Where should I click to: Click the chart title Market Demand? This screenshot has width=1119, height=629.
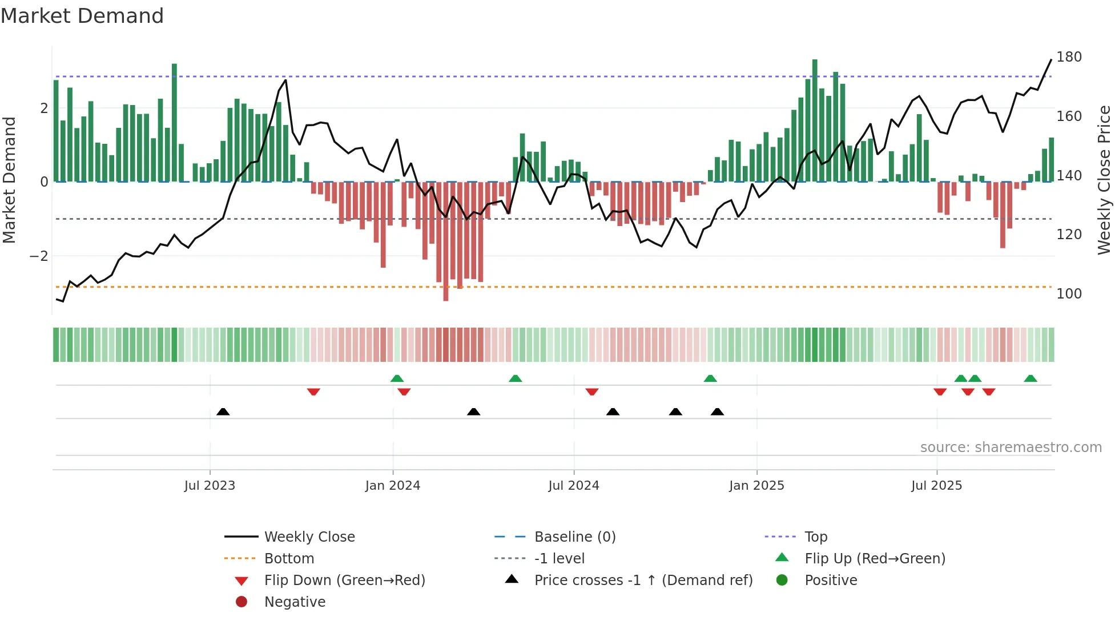pos(82,16)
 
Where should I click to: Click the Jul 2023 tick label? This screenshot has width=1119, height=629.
pos(210,486)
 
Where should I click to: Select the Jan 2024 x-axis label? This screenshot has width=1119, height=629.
pos(393,486)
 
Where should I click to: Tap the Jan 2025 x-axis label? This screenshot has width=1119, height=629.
pos(756,486)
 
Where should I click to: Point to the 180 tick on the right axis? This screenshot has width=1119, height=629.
pos(1069,57)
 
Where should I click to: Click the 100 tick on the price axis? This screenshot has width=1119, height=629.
pos(1069,294)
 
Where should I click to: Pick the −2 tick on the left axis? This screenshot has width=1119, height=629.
pos(39,256)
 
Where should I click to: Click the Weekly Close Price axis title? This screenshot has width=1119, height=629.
pos(1104,180)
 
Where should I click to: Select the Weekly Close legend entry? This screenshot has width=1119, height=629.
pos(309,537)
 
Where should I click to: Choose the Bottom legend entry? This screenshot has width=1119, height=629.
pos(289,559)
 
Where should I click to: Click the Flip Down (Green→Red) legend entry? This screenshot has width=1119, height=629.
pos(344,580)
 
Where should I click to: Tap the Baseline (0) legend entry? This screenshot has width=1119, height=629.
pos(574,537)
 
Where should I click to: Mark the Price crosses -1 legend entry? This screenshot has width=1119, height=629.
pos(643,580)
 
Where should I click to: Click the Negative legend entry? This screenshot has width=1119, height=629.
pos(295,602)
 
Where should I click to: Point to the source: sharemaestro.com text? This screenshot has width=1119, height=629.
pos(1011,447)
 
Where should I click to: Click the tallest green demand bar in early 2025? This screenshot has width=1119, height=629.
pos(815,120)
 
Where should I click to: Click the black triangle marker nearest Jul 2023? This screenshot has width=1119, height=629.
pos(223,412)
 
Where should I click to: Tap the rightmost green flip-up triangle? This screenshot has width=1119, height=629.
pos(1031,378)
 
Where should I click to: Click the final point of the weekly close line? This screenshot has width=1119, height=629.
pos(1051,59)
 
